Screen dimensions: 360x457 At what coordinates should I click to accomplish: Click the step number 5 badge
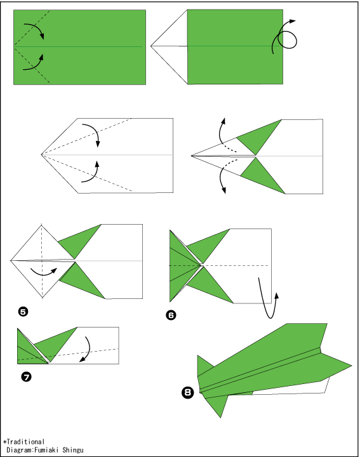pos(23,312)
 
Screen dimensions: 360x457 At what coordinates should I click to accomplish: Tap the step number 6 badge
pos(171,315)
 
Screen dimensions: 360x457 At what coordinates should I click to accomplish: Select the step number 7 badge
pos(27,377)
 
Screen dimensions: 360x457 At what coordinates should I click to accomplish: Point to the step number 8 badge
pos(188,392)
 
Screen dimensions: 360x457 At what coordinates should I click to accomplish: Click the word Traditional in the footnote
pos(25,442)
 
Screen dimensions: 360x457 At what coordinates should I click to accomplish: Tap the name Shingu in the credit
pos(73,450)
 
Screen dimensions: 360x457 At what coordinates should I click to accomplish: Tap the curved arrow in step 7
pos(89,350)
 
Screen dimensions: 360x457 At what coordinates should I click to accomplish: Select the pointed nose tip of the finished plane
pos(352,365)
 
